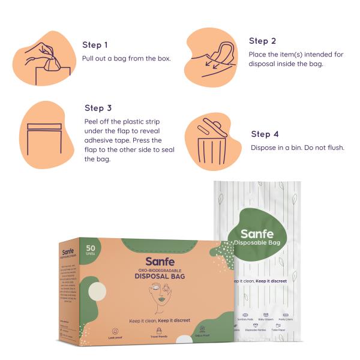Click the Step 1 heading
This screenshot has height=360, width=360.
click(95, 45)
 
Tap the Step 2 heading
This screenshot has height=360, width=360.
click(262, 41)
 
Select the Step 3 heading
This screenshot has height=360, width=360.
click(98, 109)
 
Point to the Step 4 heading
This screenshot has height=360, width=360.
click(265, 134)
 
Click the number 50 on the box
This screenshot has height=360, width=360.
click(90, 248)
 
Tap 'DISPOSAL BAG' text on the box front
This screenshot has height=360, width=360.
click(161, 277)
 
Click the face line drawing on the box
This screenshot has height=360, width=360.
click(159, 299)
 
